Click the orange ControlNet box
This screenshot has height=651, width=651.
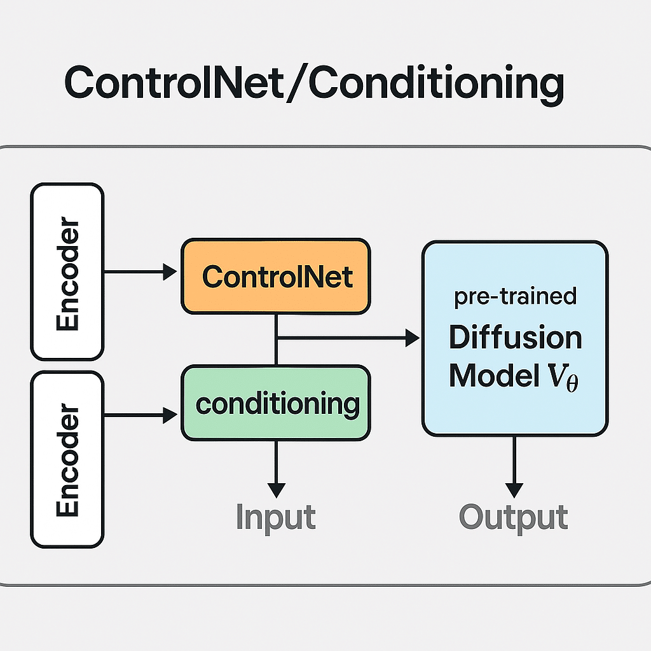pyautogui.click(x=275, y=277)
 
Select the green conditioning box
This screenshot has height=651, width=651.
pyautogui.click(x=275, y=403)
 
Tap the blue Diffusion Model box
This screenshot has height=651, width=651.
pyautogui.click(x=514, y=338)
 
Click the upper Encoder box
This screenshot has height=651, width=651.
pyautogui.click(x=67, y=272)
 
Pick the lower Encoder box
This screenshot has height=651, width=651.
pyautogui.click(x=67, y=460)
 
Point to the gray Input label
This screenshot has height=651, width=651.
pyautogui.click(x=275, y=517)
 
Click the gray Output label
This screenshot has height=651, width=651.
pyautogui.click(x=513, y=517)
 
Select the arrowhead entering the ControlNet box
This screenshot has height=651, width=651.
pyautogui.click(x=170, y=272)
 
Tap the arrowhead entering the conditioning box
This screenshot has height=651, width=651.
pyautogui.click(x=170, y=416)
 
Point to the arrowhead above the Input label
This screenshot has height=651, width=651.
pyautogui.click(x=275, y=490)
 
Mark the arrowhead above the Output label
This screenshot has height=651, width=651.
pyautogui.click(x=514, y=490)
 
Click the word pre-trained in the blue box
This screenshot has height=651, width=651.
pyautogui.click(x=515, y=297)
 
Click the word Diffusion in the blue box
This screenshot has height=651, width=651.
pyautogui.click(x=515, y=338)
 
